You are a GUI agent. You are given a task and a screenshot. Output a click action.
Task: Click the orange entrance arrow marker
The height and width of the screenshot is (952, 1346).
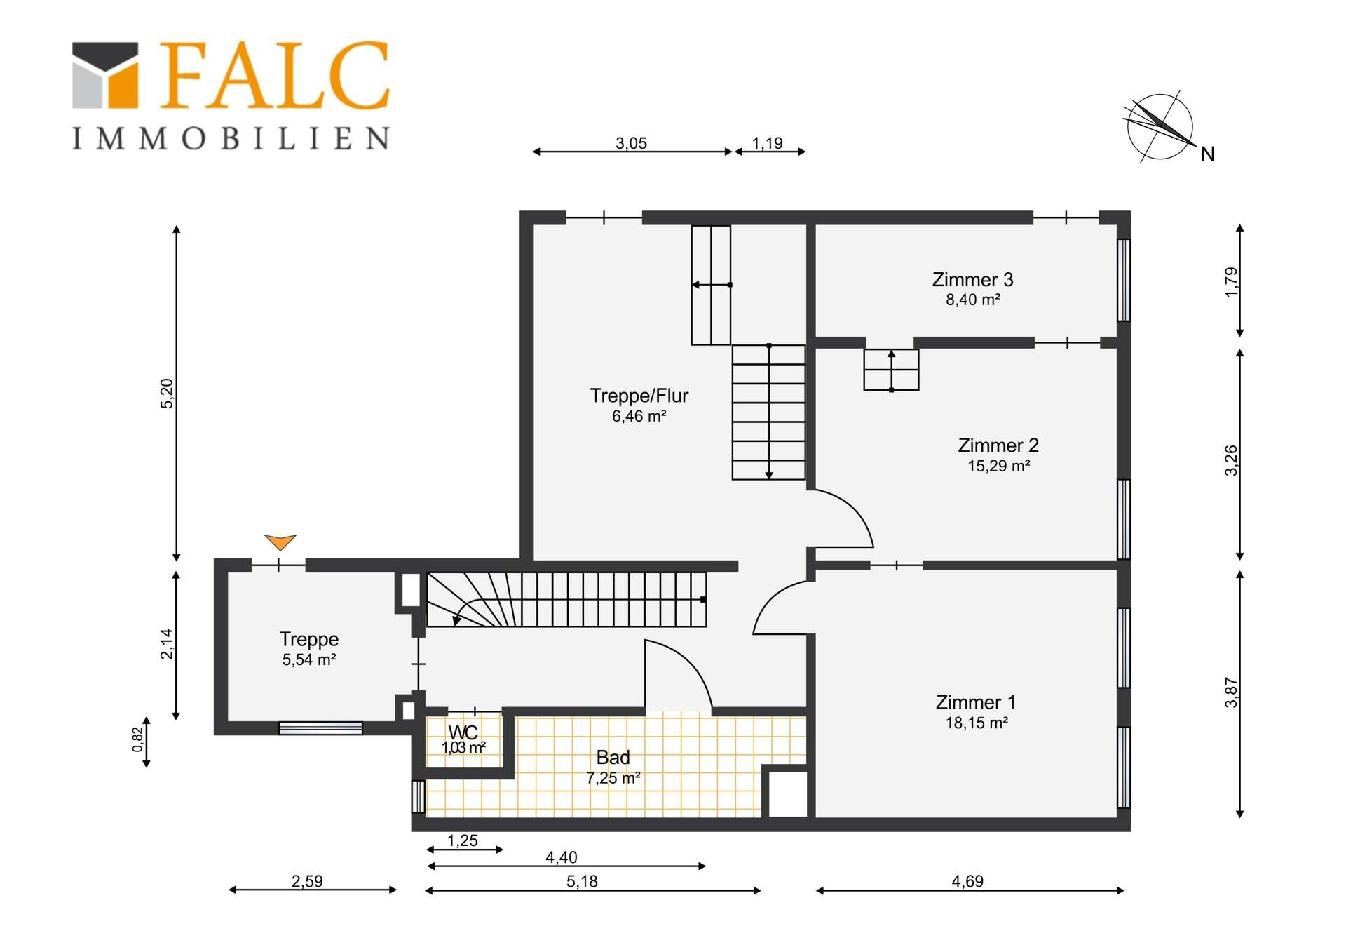pyautogui.click(x=280, y=542)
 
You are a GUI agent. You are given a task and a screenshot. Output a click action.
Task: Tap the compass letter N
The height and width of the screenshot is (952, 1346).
pyautogui.click(x=1207, y=154)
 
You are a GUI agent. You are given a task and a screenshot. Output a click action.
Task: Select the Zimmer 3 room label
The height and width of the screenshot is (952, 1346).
pyautogui.click(x=972, y=280)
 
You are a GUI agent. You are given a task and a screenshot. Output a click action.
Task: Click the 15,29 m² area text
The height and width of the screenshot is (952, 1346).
pyautogui.click(x=998, y=466)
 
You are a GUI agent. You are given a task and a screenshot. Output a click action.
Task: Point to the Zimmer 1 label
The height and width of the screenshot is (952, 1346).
pyautogui.click(x=975, y=702)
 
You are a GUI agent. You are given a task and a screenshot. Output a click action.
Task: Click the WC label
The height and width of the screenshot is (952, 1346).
pyautogui.click(x=463, y=732)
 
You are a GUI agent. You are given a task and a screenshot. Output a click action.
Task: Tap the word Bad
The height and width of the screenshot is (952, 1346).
pyautogui.click(x=613, y=758)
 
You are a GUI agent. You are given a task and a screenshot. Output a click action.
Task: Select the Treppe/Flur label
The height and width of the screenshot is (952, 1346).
pyautogui.click(x=639, y=396)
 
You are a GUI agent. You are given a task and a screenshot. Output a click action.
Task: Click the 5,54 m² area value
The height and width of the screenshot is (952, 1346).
pyautogui.click(x=309, y=659)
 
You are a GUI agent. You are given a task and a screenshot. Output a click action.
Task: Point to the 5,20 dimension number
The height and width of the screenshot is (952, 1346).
pyautogui.click(x=167, y=394)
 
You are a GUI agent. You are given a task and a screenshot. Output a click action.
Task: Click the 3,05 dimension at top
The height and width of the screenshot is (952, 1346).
pyautogui.click(x=631, y=143)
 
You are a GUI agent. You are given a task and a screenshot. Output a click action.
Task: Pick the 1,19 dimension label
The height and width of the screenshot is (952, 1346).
pyautogui.click(x=767, y=143)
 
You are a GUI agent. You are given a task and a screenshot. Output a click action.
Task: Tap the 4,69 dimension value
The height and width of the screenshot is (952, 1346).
pyautogui.click(x=967, y=881)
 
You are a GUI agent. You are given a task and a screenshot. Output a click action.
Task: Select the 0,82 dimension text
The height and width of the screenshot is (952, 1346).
pyautogui.click(x=137, y=739)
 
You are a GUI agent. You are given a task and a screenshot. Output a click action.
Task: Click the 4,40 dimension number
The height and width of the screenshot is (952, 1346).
pyautogui.click(x=562, y=857)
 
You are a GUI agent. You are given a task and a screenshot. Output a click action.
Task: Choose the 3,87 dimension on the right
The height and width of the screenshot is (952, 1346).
pyautogui.click(x=1231, y=692)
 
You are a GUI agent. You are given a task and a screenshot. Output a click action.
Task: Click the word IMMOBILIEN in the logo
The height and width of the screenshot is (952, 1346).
pyautogui.click(x=231, y=138)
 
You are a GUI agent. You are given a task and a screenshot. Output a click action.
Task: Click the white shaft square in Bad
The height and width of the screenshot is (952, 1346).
pyautogui.click(x=788, y=794)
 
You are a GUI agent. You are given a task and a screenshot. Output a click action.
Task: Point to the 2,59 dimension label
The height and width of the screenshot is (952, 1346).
pyautogui.click(x=307, y=881)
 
